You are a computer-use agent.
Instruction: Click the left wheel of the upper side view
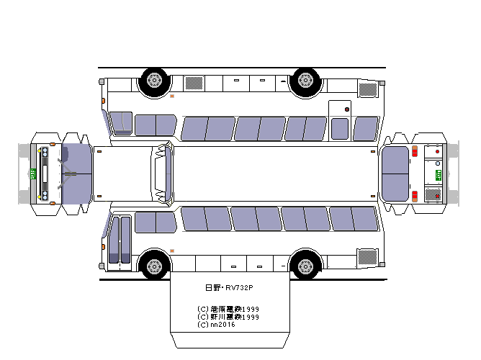(154, 81)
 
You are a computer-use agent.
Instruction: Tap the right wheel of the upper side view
(305, 81)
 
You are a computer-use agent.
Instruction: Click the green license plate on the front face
(33, 174)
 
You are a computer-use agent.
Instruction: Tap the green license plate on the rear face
(439, 175)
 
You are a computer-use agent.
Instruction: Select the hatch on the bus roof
(163, 174)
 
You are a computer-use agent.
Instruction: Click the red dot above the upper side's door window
(346, 109)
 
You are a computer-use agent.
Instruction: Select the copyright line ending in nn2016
(216, 325)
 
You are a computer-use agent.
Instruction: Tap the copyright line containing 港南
(228, 309)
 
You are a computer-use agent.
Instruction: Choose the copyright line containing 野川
(228, 317)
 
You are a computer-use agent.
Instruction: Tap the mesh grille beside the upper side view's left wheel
(194, 83)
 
